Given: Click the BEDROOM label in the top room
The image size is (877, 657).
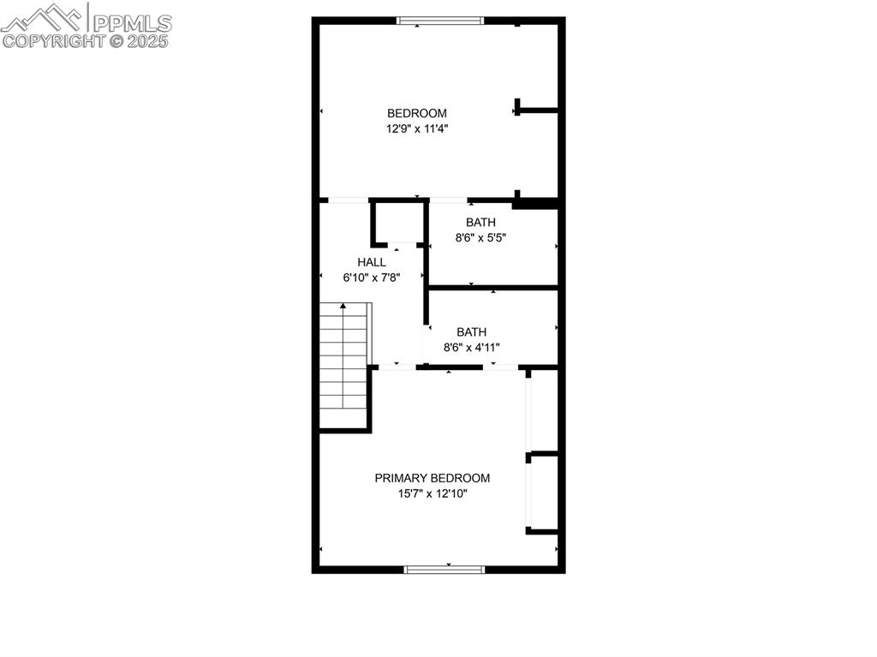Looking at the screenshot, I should coord(416,113).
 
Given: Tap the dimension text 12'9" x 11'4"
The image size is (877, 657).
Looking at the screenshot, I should coord(416,129).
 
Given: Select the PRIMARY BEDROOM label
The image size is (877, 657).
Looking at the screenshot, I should coord(432,478).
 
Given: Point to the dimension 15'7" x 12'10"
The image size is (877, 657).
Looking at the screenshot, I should coord(432,494).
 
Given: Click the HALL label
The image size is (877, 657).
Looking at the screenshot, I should coord(372,262).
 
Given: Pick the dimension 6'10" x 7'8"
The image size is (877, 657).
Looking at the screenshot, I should coord(372,278).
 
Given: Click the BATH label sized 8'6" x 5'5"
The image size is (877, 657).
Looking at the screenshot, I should coord(480,223).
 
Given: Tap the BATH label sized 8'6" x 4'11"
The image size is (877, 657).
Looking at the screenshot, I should coord(471,331).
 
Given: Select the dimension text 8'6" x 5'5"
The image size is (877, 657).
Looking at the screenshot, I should coord(480,239).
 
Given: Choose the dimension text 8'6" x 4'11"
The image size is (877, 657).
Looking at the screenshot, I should coord(471,348).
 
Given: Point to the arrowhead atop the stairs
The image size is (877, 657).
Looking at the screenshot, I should coord(343,305).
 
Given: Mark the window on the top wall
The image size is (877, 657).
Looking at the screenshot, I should coord(441,21).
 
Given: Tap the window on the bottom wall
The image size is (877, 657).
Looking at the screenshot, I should coord(444,569).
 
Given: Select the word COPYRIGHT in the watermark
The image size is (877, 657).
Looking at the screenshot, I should coord(54,40).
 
